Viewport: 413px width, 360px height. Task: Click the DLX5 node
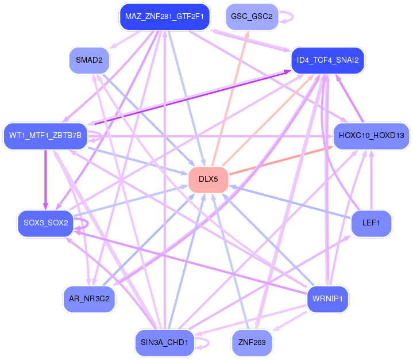[x=209, y=179]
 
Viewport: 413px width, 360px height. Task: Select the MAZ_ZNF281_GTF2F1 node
[x=164, y=17]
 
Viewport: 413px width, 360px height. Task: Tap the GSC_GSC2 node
[x=252, y=17]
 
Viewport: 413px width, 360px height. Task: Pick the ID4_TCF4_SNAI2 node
[x=329, y=60]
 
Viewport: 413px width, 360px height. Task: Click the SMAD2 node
[x=89, y=60]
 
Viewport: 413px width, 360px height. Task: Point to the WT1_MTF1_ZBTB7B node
[x=45, y=136]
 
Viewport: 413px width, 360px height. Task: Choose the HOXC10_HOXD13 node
[x=372, y=136]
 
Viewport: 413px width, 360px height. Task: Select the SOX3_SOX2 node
[x=45, y=222]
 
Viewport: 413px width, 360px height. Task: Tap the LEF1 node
[x=372, y=222]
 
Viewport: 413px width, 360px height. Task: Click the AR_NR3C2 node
[x=89, y=298]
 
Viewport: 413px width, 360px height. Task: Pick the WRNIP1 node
[x=329, y=298]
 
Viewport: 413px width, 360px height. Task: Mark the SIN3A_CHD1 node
[x=164, y=342]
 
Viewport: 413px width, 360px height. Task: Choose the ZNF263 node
[x=252, y=342]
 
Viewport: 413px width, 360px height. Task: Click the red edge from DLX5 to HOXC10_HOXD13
[x=281, y=158]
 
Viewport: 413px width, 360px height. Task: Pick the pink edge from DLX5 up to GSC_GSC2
[x=230, y=98]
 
